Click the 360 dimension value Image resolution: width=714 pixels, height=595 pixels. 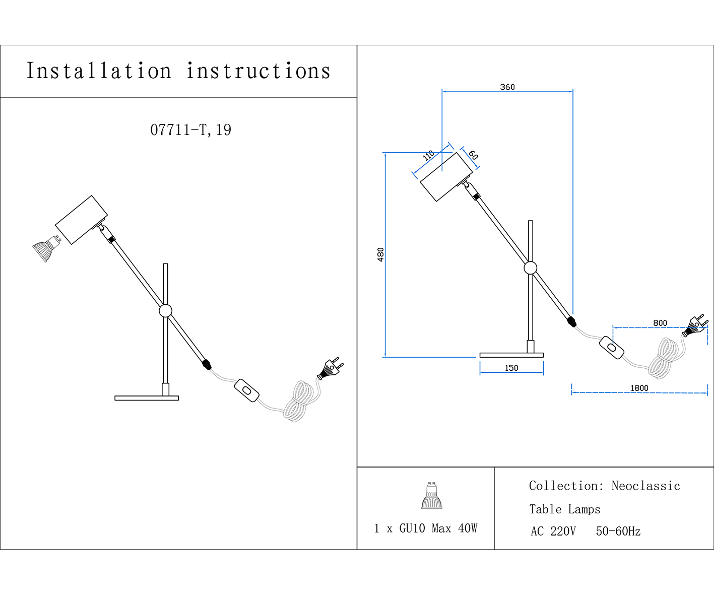[507, 87]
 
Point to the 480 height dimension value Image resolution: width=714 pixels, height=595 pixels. [380, 255]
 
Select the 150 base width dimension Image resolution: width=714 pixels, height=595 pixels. [511, 368]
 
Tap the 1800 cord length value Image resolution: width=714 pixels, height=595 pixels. [639, 388]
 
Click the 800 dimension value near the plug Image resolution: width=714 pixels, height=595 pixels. [660, 323]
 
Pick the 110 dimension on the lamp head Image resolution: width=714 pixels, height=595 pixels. [428, 155]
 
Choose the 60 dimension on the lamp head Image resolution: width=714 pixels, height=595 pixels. [473, 155]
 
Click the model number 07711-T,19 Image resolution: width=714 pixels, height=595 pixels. [191, 130]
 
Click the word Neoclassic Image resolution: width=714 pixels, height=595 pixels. [645, 486]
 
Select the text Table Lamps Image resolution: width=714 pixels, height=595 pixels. [565, 509]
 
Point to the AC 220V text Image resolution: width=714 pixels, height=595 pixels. [553, 532]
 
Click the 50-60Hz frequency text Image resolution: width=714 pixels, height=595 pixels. [618, 532]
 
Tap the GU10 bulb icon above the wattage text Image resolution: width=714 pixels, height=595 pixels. [431, 495]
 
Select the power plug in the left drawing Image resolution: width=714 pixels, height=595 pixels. [331, 368]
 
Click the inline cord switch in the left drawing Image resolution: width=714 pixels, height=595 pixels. [246, 390]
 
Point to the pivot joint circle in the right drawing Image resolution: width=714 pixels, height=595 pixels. [531, 268]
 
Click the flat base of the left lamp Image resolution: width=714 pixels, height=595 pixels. [147, 398]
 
